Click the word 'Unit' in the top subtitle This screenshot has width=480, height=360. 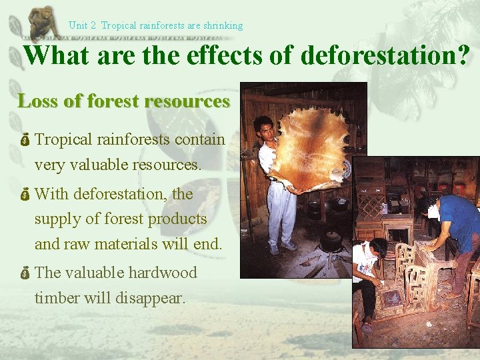78,26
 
